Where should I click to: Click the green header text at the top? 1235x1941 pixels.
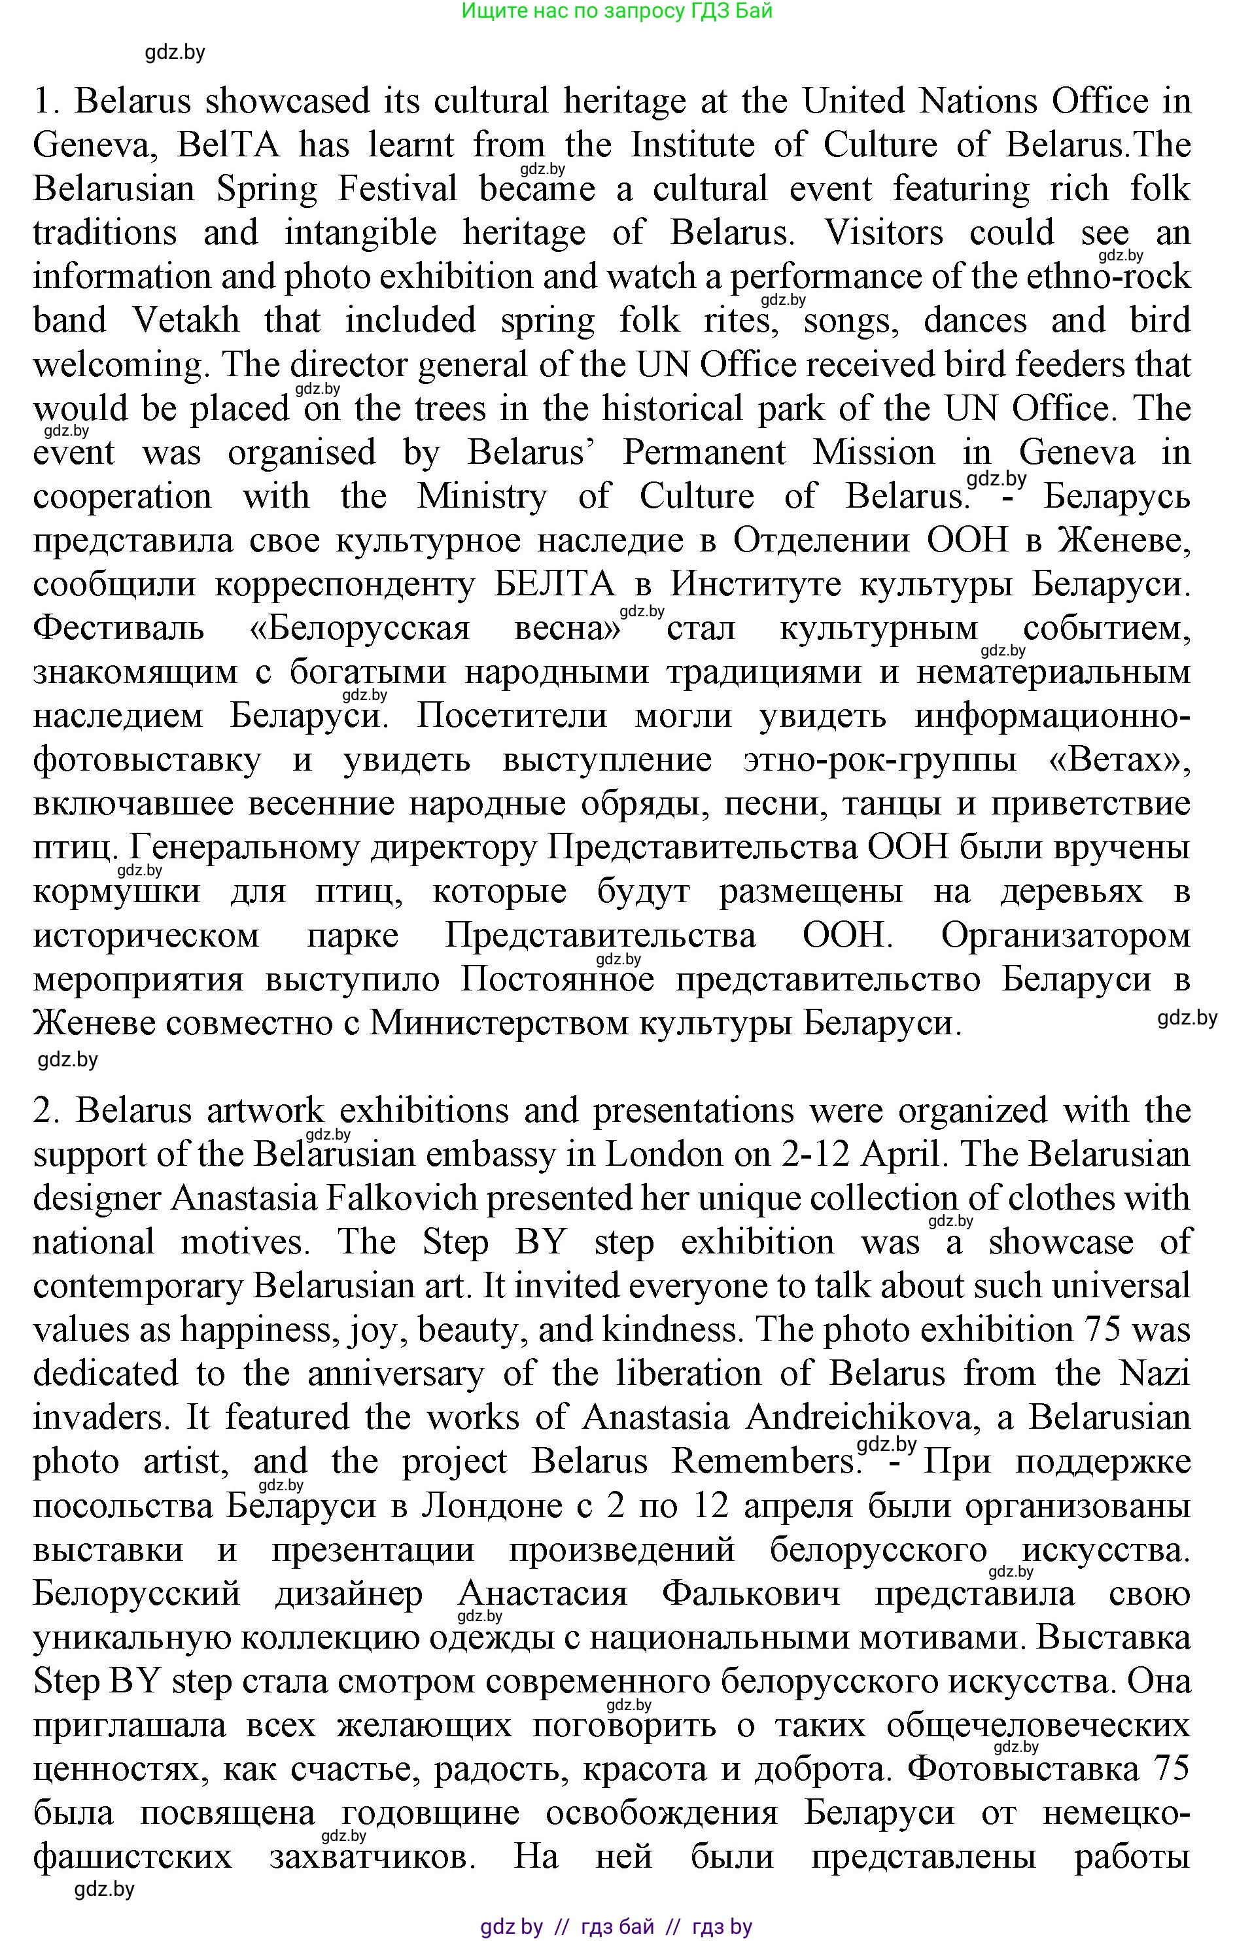click(617, 11)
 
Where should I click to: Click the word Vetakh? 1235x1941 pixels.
click(186, 321)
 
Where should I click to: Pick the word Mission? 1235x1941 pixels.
click(874, 452)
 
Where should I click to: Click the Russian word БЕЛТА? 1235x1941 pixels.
click(555, 584)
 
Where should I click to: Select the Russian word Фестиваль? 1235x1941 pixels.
click(118, 628)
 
